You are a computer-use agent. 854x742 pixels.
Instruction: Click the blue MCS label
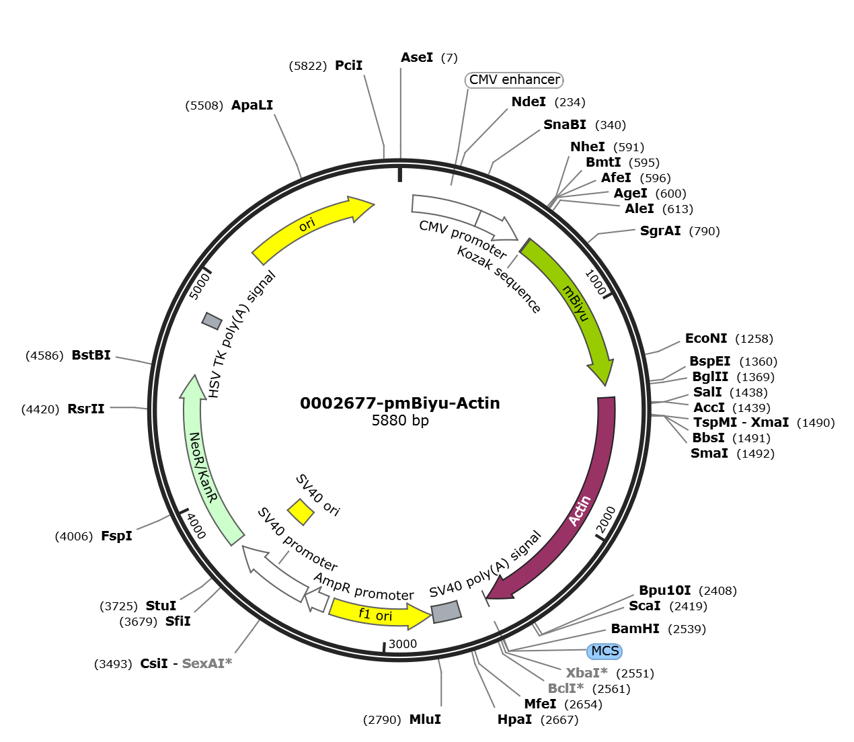tap(605, 651)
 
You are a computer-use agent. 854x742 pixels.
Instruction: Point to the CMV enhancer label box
tap(514, 80)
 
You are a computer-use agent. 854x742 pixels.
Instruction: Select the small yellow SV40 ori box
tap(301, 511)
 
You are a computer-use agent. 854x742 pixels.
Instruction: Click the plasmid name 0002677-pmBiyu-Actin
tap(400, 403)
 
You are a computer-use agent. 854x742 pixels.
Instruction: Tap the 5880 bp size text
tap(400, 420)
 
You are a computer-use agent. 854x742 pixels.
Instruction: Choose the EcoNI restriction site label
tap(706, 338)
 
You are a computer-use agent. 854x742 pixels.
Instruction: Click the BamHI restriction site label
tap(635, 628)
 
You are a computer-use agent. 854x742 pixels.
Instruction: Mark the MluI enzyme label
tap(425, 719)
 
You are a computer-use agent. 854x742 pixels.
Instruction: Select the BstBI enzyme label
tap(91, 355)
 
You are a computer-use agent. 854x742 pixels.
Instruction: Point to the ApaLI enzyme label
tap(252, 105)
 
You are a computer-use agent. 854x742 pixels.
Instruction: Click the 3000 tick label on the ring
tap(402, 644)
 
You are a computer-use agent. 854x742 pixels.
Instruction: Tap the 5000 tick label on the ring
tap(200, 286)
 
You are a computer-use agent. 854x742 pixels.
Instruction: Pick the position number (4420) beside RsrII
tap(40, 409)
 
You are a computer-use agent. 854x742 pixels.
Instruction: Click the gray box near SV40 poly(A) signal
tap(447, 612)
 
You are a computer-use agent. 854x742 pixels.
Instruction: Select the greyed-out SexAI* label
tap(207, 663)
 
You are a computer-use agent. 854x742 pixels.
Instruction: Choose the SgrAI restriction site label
tap(660, 231)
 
